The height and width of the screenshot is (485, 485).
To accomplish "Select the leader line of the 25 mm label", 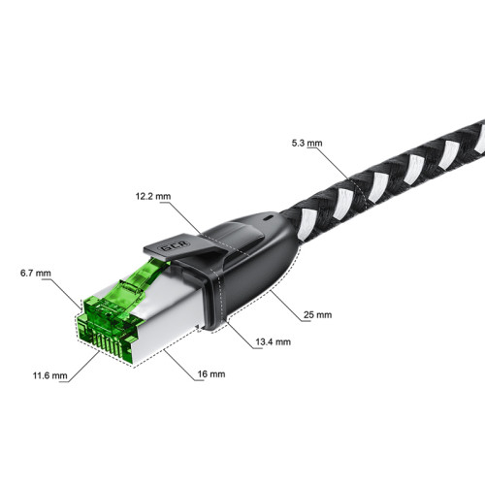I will click(286, 301).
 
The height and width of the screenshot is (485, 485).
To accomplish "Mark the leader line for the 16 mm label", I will click(179, 364).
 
